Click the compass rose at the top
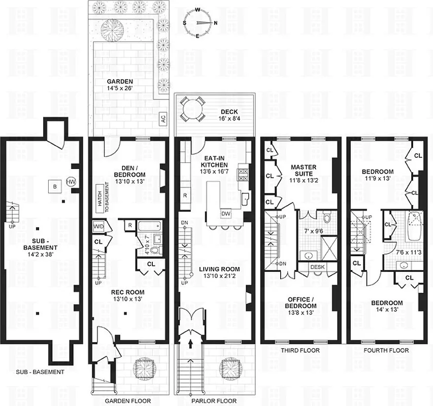pos(199,23)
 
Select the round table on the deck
pos(191,109)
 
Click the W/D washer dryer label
pos(98,226)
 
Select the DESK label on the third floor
pos(317,267)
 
